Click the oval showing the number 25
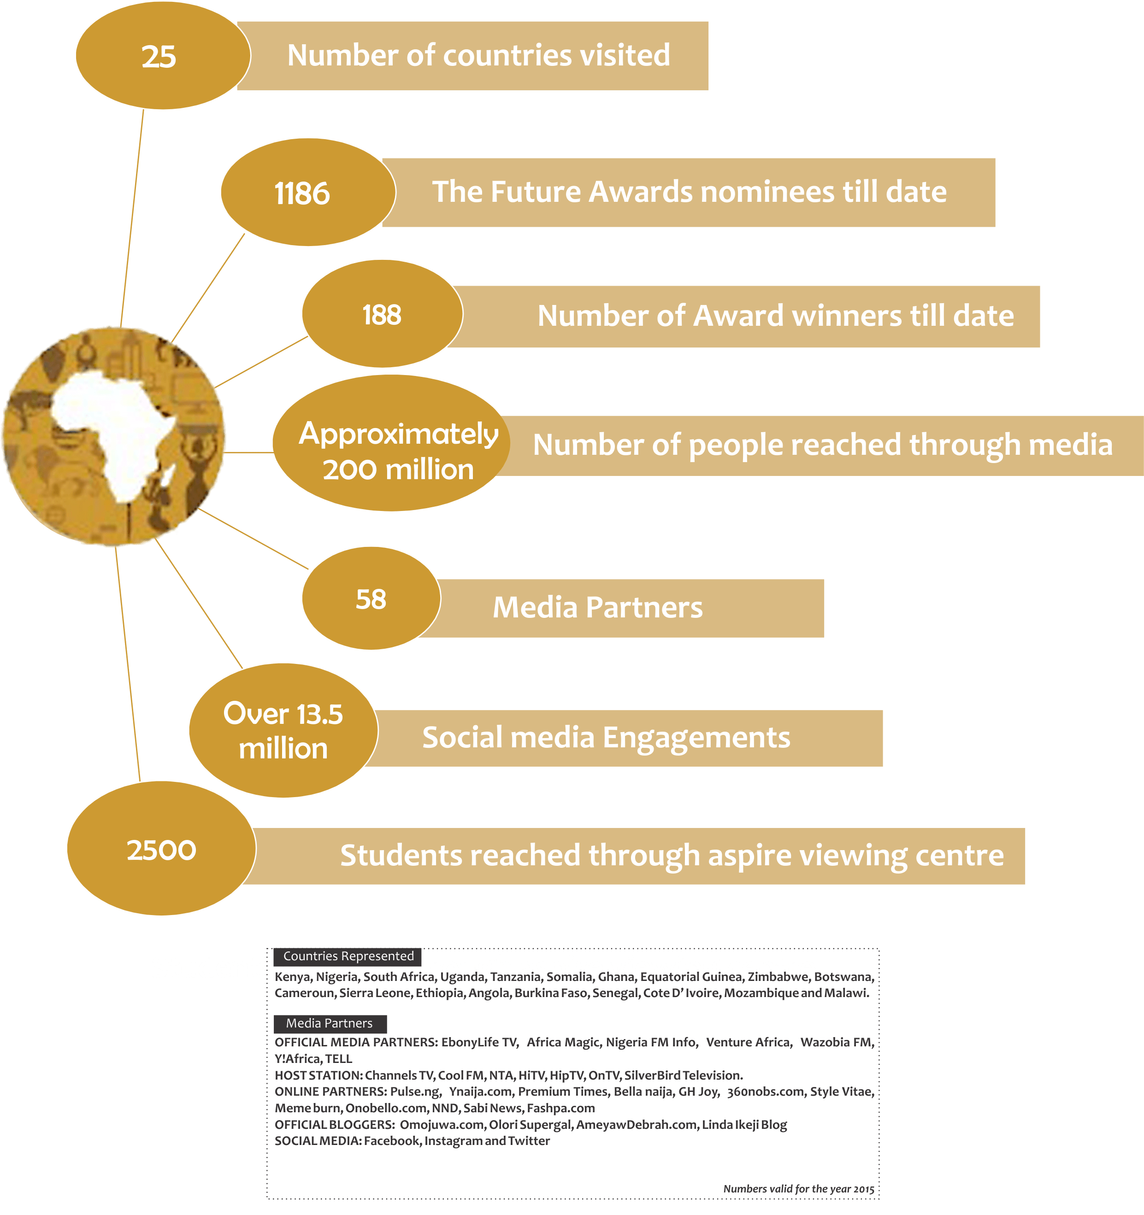point(162,56)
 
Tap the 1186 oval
point(307,193)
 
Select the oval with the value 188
point(382,315)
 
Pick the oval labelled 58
point(371,599)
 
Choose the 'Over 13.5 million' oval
point(283,730)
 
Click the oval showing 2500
point(161,850)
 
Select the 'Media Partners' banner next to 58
point(597,607)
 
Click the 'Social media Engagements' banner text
point(606,738)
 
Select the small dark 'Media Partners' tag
point(329,1023)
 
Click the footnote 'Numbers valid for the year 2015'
point(798,1189)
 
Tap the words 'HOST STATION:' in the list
point(318,1075)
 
